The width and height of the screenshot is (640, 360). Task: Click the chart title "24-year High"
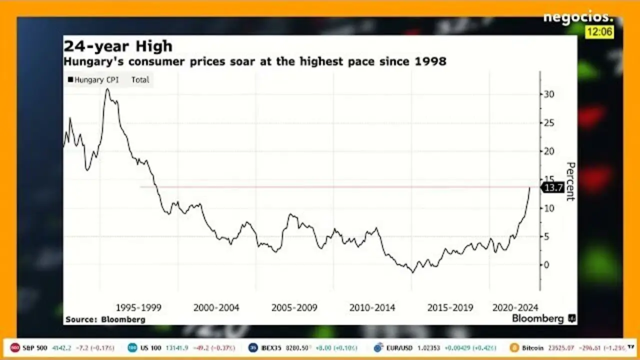click(x=118, y=46)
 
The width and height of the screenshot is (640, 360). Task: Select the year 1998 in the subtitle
click(x=431, y=61)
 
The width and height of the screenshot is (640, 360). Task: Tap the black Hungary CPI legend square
click(x=70, y=79)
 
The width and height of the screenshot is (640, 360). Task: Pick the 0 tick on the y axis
click(x=546, y=265)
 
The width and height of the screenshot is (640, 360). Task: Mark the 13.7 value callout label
click(x=553, y=187)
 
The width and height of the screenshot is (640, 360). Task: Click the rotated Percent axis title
click(x=570, y=181)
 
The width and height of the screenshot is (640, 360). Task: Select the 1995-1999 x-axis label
click(x=138, y=307)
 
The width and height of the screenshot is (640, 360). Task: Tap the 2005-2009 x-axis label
click(x=294, y=307)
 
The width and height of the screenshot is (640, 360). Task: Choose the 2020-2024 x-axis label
click(x=515, y=307)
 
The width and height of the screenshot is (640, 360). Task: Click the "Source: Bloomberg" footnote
click(x=105, y=319)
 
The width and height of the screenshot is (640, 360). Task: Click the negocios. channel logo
click(x=577, y=17)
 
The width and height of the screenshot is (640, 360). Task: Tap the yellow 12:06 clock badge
click(x=599, y=32)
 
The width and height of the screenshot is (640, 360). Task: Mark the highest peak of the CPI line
click(x=107, y=89)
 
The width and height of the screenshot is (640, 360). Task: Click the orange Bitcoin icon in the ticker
click(x=514, y=347)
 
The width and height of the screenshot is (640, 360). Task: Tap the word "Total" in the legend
click(x=140, y=79)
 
